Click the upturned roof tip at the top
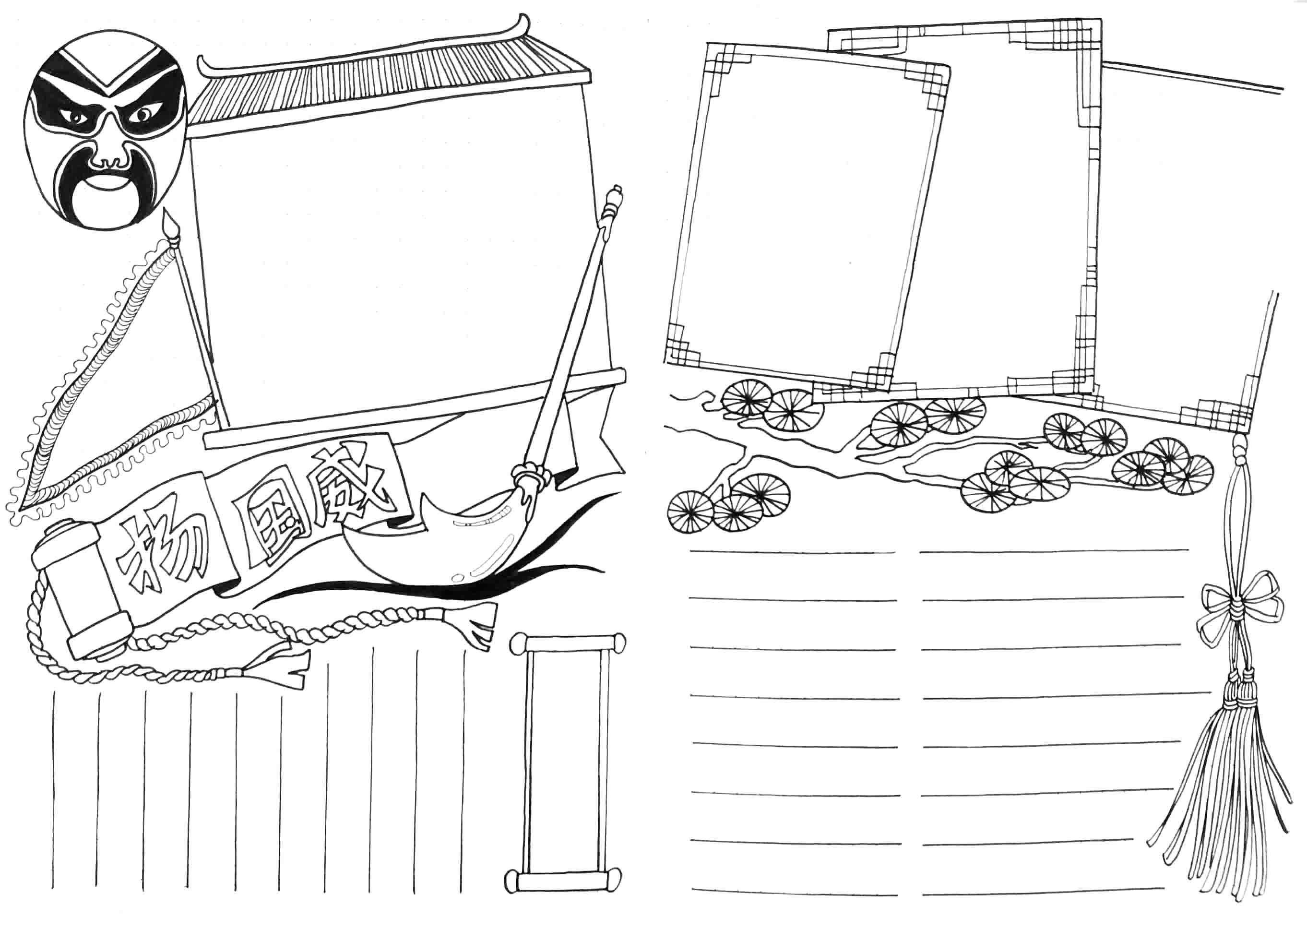522,23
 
